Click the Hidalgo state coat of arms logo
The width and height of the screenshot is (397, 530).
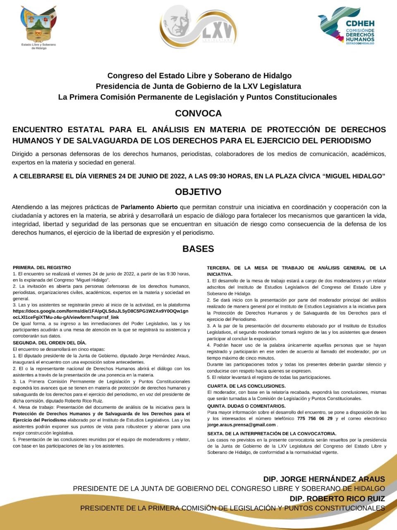(x=38, y=26)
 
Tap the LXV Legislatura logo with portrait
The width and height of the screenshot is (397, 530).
(x=198, y=26)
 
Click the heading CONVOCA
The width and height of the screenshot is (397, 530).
(x=198, y=113)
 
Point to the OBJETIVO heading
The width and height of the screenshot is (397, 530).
(x=198, y=192)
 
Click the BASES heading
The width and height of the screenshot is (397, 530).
(x=198, y=249)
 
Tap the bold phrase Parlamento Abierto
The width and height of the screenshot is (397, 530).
(x=149, y=207)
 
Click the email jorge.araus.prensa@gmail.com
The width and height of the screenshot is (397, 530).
(x=242, y=425)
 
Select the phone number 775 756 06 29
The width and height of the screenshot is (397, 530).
(x=315, y=419)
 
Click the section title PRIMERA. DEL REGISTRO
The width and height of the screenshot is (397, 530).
(x=42, y=267)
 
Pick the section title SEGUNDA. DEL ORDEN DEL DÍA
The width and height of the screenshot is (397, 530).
(x=50, y=343)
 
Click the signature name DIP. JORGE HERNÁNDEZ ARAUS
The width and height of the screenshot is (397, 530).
(x=324, y=479)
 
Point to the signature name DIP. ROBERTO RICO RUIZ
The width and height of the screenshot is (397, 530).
(x=337, y=499)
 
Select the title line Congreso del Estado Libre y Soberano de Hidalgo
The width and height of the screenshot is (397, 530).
(x=199, y=76)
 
